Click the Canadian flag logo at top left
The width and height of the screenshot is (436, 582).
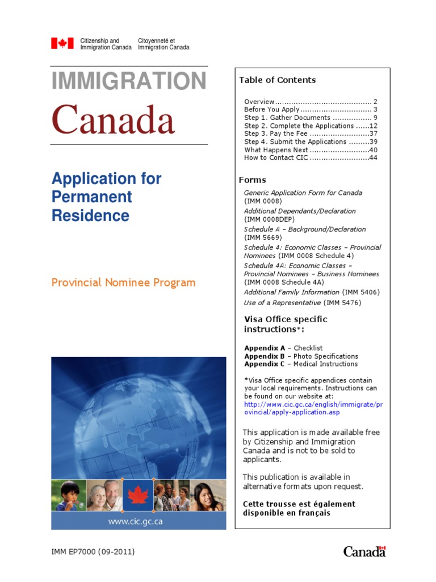click(x=62, y=44)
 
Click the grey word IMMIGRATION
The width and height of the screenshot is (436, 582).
click(x=129, y=81)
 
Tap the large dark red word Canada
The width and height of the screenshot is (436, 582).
click(x=113, y=120)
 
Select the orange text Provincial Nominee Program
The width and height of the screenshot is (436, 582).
click(x=123, y=282)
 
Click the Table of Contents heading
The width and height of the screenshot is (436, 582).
click(x=277, y=80)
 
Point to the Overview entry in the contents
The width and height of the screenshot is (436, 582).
click(x=259, y=101)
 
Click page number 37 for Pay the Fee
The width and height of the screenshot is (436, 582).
click(x=373, y=134)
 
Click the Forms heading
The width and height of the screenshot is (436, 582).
click(x=252, y=180)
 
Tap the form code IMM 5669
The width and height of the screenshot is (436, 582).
click(x=263, y=237)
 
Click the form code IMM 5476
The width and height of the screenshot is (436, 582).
click(x=342, y=303)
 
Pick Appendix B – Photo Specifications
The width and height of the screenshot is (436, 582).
click(x=301, y=356)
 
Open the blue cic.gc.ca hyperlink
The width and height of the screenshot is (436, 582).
click(x=313, y=409)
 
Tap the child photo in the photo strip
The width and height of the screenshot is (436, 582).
click(x=68, y=495)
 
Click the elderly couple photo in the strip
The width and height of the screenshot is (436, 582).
click(x=103, y=495)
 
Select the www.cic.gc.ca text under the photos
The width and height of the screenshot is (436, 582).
click(x=135, y=521)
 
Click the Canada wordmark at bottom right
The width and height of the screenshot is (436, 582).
click(x=364, y=551)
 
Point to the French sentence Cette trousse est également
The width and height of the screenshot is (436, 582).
click(x=299, y=504)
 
